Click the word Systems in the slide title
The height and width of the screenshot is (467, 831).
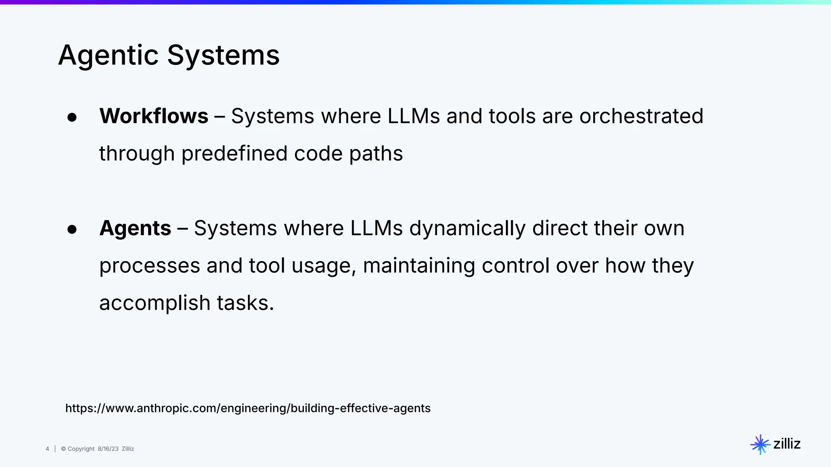(x=223, y=56)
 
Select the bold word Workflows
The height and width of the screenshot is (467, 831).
(x=154, y=116)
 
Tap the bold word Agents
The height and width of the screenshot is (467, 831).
(x=135, y=228)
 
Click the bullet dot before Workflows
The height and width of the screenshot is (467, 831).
(x=72, y=118)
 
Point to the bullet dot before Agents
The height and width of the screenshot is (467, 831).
(x=72, y=229)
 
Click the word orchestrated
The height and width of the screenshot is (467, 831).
(x=641, y=116)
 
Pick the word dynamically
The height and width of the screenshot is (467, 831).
(x=467, y=228)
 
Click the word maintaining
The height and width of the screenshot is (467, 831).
(x=419, y=266)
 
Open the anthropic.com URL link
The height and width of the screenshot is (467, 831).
(x=248, y=408)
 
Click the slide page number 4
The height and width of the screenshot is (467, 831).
(x=47, y=449)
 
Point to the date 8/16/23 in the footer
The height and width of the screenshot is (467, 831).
(x=108, y=449)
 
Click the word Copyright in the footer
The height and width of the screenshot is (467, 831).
(x=81, y=449)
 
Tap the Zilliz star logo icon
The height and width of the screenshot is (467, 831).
(x=760, y=445)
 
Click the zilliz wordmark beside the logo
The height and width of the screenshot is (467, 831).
(x=787, y=444)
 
